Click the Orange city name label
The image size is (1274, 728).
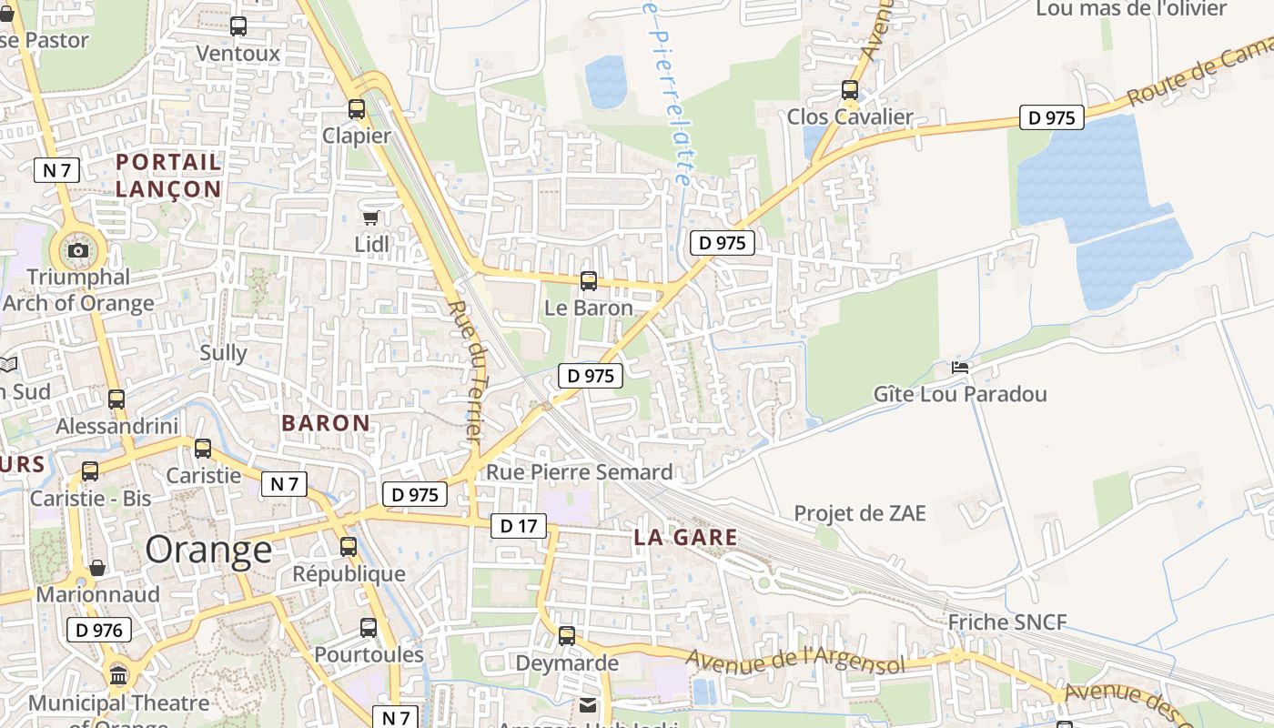click(208, 550)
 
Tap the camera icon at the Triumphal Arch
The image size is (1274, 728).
click(78, 250)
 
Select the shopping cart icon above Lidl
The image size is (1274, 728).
click(370, 217)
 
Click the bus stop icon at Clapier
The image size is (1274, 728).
click(357, 109)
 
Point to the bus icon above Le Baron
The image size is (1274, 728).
click(589, 281)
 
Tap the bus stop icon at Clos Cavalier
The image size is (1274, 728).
click(850, 90)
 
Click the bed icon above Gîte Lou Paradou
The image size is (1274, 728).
click(960, 368)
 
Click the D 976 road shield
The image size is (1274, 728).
click(99, 630)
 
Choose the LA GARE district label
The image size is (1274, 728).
click(685, 538)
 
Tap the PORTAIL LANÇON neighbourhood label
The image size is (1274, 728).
click(168, 176)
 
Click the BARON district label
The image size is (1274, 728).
click(326, 423)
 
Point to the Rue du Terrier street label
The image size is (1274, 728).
click(466, 372)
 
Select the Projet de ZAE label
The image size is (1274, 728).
click(859, 513)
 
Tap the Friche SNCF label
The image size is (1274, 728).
click(1006, 622)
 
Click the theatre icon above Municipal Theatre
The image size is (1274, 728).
click(118, 675)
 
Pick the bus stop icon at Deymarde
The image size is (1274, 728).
click(567, 636)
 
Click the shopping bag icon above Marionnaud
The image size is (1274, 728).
click(96, 568)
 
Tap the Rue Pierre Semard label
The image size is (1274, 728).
click(579, 472)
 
